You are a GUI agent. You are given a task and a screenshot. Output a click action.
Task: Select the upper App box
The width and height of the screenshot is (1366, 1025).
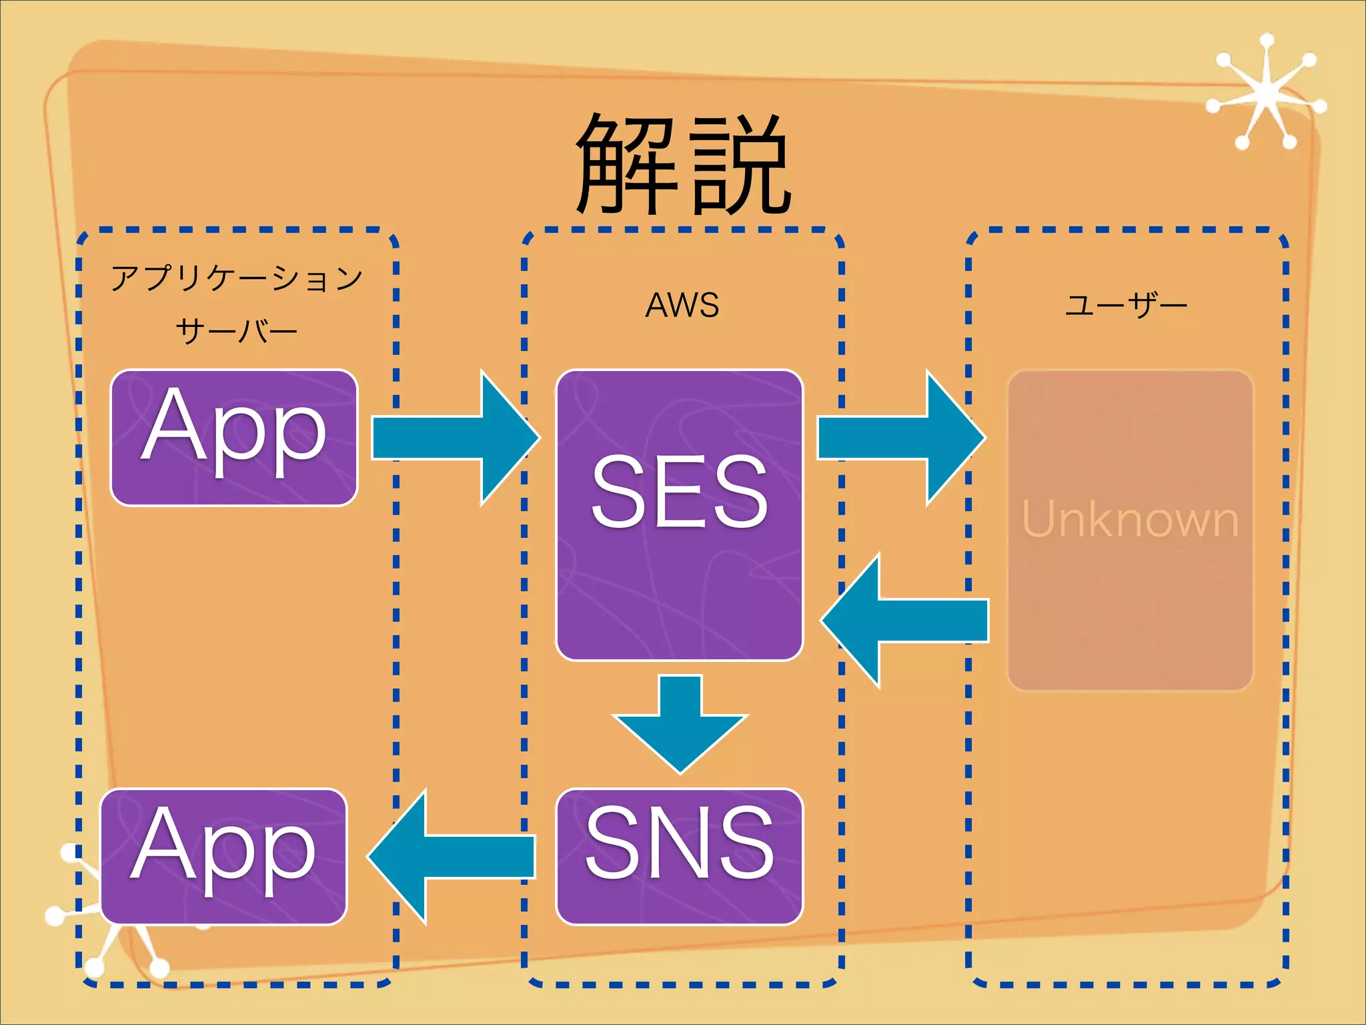[234, 437]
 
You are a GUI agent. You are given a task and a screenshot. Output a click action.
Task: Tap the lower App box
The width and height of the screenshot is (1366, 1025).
[224, 856]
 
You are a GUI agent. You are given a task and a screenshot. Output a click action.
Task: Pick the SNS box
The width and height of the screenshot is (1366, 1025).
[679, 856]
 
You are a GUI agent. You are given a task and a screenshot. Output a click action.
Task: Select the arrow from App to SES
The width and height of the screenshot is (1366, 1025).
[454, 438]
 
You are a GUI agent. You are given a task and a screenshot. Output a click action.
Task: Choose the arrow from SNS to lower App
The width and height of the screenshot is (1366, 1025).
[454, 856]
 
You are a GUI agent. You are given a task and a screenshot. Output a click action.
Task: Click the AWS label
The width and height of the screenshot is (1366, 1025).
[682, 305]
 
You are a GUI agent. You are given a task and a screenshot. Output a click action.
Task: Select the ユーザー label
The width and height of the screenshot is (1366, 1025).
[1126, 305]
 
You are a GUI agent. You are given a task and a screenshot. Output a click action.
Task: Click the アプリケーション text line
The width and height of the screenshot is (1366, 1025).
[237, 278]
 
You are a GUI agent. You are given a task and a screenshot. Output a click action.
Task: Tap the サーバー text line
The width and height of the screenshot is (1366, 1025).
[237, 331]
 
